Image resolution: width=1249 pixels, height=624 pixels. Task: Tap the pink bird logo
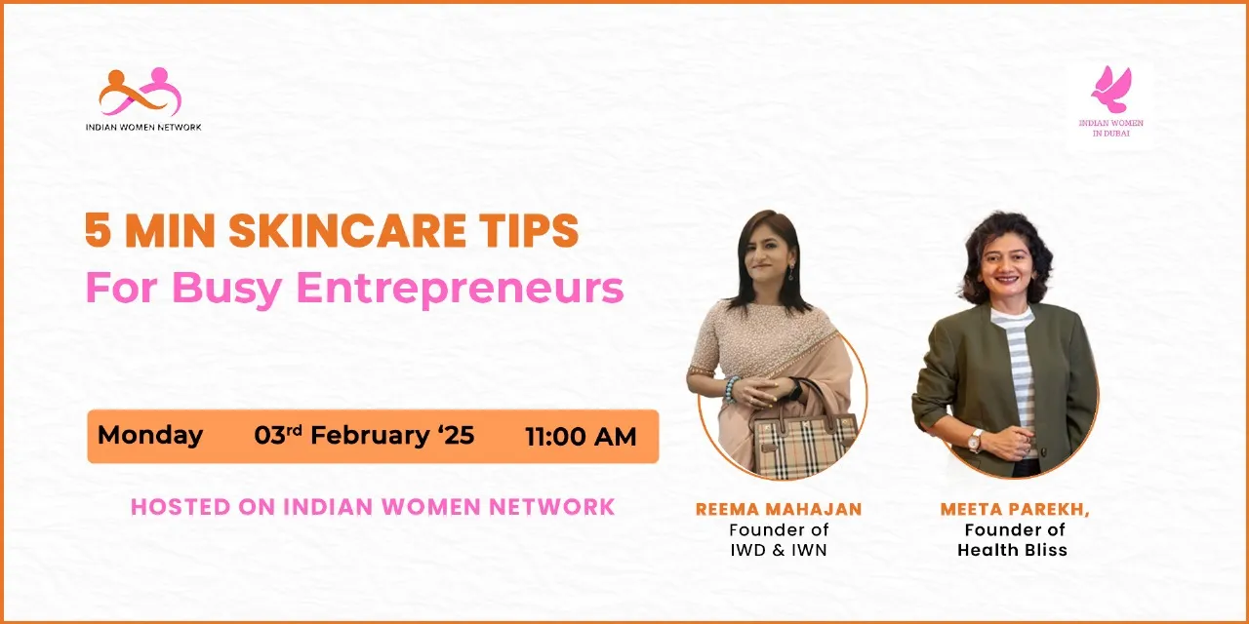tap(1110, 89)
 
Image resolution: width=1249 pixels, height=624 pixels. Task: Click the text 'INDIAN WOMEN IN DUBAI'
tap(1110, 128)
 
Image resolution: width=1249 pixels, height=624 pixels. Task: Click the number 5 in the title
tap(98, 230)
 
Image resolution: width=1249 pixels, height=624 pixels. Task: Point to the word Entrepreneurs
tap(460, 289)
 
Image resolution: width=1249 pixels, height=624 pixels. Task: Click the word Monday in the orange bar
tap(150, 436)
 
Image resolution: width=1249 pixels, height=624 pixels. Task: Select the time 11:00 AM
tap(581, 437)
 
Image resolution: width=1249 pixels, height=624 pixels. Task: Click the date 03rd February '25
tap(364, 436)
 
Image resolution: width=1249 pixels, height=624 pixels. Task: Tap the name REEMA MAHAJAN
tap(779, 509)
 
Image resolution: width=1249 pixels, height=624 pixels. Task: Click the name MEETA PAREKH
tap(1015, 509)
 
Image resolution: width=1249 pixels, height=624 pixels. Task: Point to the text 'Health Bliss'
tap(1013, 550)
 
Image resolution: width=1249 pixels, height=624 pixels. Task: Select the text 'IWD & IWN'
tap(779, 550)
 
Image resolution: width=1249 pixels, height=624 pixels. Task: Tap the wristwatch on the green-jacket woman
tap(975, 440)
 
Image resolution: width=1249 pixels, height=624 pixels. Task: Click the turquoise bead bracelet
tap(731, 388)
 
